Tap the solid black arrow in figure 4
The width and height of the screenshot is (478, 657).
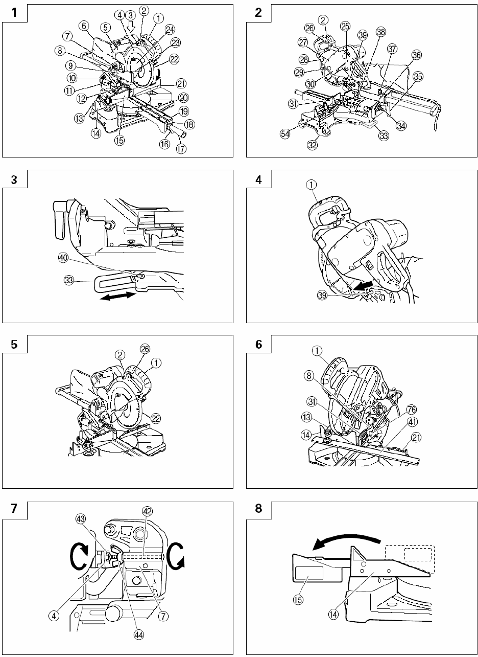coord(366,284)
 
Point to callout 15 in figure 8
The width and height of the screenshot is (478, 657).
coord(303,611)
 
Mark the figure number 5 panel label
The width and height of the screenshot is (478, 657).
coord(14,345)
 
